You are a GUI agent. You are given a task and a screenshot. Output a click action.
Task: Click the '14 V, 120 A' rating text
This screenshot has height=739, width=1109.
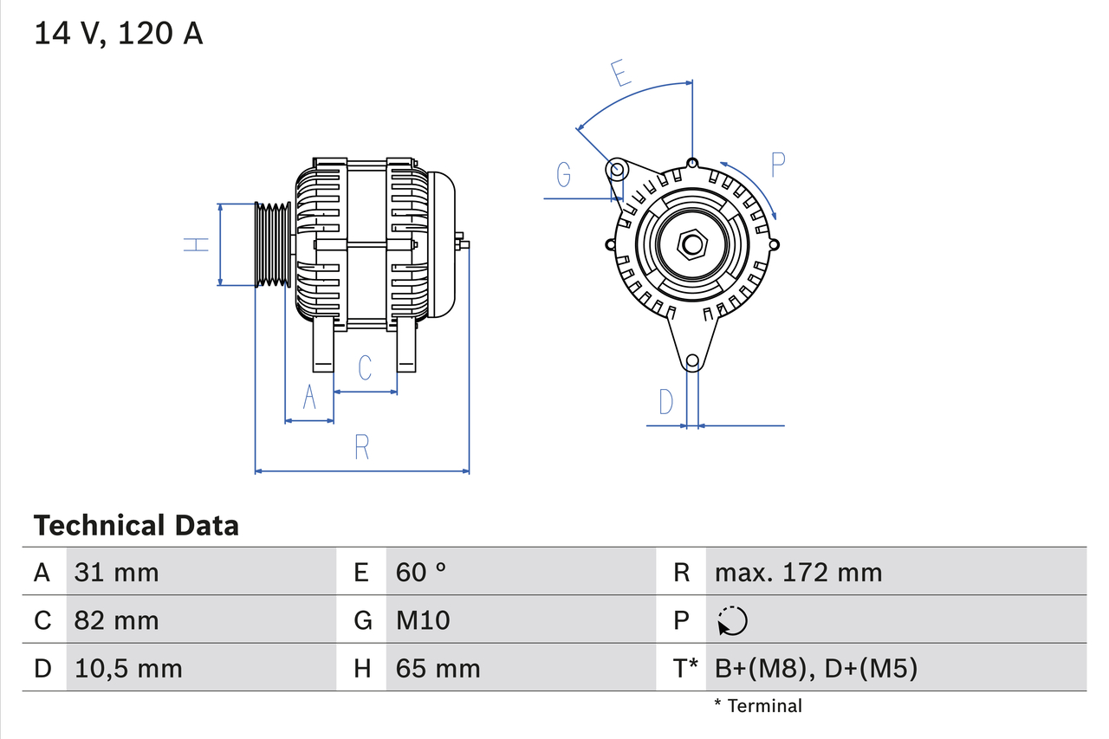coord(118,34)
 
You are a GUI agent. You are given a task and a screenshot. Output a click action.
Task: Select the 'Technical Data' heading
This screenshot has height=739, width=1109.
coord(135,525)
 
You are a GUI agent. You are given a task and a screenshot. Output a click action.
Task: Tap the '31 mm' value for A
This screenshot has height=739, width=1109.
coord(116,572)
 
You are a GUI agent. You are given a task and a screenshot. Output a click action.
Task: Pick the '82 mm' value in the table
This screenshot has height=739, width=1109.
coord(116,620)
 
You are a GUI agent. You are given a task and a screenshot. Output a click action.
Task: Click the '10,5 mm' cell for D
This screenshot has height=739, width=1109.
coord(127,668)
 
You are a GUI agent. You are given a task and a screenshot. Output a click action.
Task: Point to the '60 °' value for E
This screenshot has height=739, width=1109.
coord(421,572)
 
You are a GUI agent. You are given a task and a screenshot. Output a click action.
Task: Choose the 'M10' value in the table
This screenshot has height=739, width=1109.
coord(423,620)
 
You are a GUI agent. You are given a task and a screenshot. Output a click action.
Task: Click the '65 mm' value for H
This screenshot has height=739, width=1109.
coord(438,668)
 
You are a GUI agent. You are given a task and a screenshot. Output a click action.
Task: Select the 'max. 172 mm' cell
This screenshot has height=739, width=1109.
coord(798,572)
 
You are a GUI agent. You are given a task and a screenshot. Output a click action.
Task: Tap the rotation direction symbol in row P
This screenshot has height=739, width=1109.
coord(732,620)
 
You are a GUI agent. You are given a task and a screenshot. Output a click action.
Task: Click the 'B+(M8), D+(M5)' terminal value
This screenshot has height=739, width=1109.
coord(815,668)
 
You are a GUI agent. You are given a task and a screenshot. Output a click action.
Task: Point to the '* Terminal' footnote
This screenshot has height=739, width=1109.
coord(758,706)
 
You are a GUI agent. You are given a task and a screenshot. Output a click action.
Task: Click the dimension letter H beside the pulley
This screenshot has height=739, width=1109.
coord(197,244)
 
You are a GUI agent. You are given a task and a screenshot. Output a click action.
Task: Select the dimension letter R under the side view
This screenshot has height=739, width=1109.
coord(362,447)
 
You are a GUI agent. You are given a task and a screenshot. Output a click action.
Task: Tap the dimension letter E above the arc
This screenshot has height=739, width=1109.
coord(619,74)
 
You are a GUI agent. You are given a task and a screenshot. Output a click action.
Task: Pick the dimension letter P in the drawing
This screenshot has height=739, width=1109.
coord(777,165)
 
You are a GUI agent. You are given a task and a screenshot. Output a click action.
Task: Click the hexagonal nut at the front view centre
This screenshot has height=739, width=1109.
coord(691,243)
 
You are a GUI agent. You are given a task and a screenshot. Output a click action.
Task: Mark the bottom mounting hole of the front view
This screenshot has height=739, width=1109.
coord(691,361)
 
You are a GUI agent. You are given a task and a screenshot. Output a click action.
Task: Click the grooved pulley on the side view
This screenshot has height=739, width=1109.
coord(272,244)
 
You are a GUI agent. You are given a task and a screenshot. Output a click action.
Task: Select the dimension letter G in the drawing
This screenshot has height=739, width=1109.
coord(564,175)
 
